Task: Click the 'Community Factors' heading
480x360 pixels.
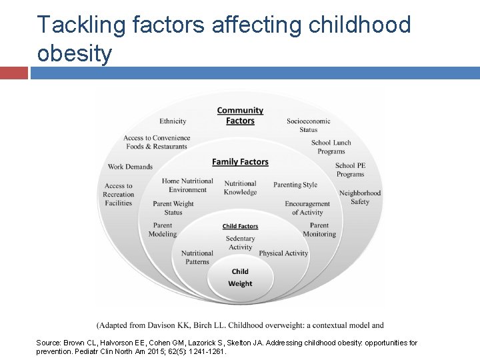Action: click(x=240, y=115)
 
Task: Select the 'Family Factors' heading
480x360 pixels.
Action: click(x=240, y=162)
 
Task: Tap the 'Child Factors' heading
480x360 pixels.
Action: click(x=240, y=227)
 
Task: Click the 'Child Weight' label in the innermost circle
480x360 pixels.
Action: click(x=240, y=277)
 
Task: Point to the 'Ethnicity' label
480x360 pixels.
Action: click(x=173, y=121)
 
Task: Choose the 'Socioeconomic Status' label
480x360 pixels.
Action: click(x=308, y=125)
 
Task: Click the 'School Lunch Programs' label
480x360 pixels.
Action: click(x=331, y=147)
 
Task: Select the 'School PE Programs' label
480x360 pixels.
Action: click(x=349, y=170)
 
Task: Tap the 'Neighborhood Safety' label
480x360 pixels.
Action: click(x=360, y=197)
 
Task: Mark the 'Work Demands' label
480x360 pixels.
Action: click(x=130, y=167)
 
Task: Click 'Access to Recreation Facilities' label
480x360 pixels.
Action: click(x=119, y=195)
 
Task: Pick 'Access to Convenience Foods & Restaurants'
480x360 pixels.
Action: click(x=157, y=142)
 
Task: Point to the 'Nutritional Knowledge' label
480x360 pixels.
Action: click(x=240, y=188)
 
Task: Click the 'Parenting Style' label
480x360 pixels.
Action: click(x=295, y=185)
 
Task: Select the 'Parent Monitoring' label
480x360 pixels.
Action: click(x=319, y=230)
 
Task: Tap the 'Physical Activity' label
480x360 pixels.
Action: click(x=283, y=253)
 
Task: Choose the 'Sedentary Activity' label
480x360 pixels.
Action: click(x=240, y=243)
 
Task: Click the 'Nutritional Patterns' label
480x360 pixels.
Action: click(x=197, y=257)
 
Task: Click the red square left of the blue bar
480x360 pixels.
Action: click(x=13, y=73)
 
